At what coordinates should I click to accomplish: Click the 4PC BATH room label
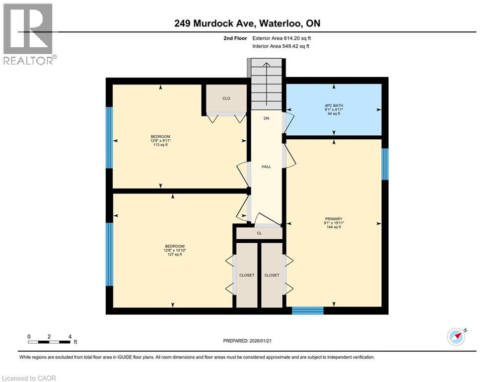click(334, 105)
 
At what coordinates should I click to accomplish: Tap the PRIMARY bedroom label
click(334, 219)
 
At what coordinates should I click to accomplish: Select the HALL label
click(267, 167)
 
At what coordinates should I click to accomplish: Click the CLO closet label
click(226, 98)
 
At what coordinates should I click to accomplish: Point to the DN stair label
click(267, 118)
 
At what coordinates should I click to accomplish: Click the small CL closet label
click(259, 233)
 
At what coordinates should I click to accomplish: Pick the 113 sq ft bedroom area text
click(160, 145)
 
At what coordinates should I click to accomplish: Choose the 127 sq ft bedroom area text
click(175, 255)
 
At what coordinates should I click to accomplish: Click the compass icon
click(456, 336)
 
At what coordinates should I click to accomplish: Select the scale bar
click(49, 342)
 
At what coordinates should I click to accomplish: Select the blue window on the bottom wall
click(307, 311)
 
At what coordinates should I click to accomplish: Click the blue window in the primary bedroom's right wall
click(384, 164)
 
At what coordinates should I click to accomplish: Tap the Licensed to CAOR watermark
click(29, 378)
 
